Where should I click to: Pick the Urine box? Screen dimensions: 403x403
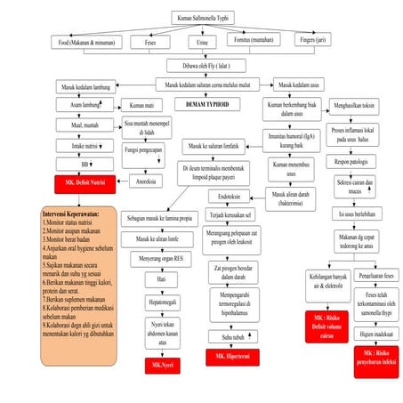tap(203, 42)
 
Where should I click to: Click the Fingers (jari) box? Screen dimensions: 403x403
tap(315, 42)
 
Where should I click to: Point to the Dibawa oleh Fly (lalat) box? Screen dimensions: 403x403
tap(203, 65)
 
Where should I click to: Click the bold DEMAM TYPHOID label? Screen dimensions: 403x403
tap(207, 104)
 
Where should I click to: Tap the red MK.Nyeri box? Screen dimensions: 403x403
tap(163, 364)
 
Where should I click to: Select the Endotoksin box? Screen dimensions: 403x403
tap(229, 197)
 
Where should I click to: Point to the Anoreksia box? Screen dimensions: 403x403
tap(143, 181)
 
